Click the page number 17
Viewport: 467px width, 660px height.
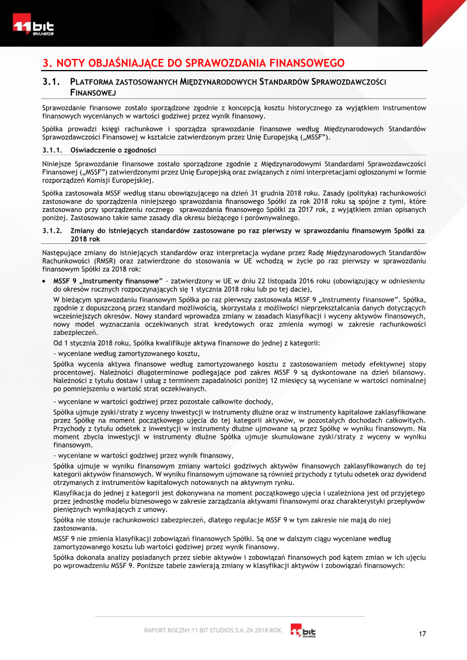[422, 634]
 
